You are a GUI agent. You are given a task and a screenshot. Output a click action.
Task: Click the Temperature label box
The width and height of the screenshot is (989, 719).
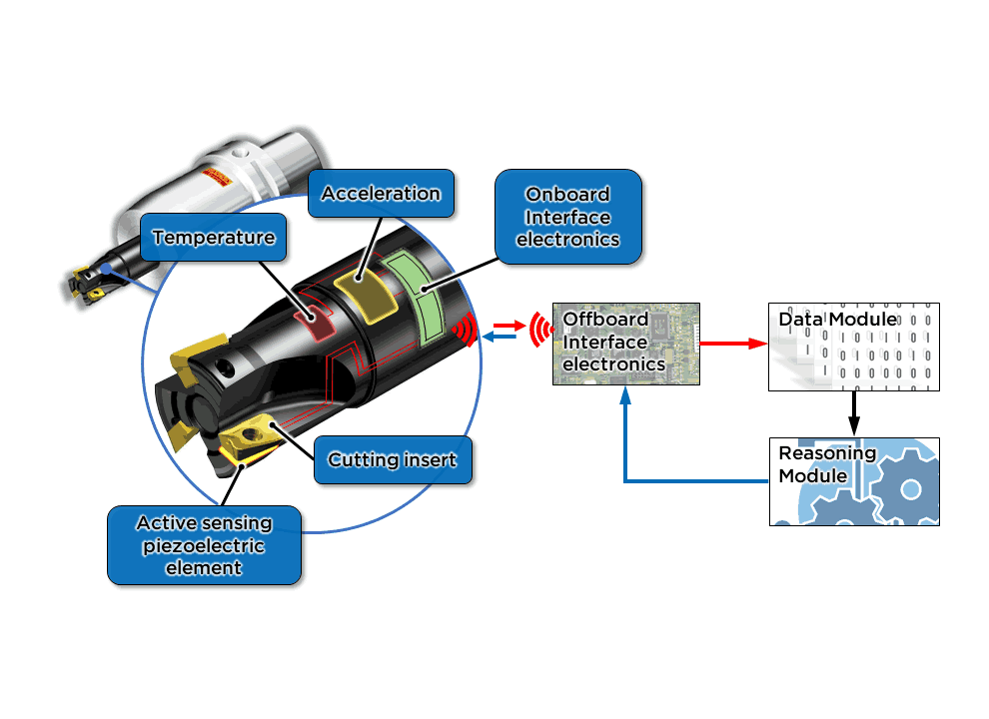click(213, 238)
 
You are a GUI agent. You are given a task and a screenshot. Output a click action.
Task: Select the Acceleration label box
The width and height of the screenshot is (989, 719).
click(381, 193)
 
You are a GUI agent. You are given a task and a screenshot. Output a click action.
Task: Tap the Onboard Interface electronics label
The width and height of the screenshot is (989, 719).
click(567, 217)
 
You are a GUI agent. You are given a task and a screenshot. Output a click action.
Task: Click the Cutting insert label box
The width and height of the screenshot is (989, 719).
click(393, 460)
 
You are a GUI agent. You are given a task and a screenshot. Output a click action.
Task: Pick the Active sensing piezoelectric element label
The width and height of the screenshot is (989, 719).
click(204, 544)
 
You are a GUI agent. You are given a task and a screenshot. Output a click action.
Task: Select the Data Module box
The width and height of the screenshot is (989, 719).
click(853, 346)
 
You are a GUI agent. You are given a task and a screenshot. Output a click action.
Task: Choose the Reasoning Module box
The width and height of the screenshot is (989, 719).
click(853, 481)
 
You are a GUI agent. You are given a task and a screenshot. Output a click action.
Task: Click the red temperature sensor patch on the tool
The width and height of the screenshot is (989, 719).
click(318, 322)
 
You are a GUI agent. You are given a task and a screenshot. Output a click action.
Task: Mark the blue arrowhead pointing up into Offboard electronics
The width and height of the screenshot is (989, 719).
click(625, 396)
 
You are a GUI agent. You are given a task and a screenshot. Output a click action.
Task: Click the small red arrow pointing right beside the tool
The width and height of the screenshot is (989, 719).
click(507, 326)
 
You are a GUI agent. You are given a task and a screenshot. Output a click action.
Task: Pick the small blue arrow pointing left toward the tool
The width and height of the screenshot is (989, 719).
click(498, 338)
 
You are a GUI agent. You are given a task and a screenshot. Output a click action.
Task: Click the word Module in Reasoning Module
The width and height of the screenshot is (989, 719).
click(813, 475)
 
